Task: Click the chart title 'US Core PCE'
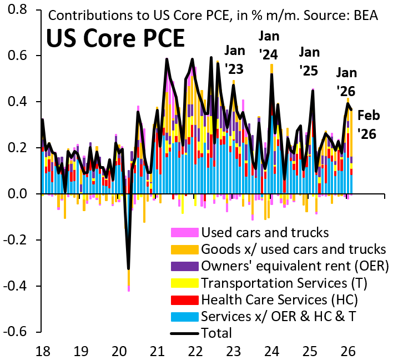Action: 115,38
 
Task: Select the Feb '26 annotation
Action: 369,124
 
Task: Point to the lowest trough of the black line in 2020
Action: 129,269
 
